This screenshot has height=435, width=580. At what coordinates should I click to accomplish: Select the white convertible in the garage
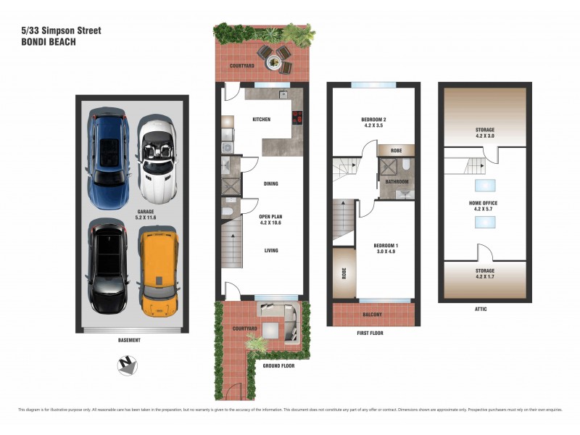click(x=157, y=159)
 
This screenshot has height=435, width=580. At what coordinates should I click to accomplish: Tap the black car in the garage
click(x=109, y=265)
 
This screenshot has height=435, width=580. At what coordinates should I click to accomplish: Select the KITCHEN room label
click(x=261, y=120)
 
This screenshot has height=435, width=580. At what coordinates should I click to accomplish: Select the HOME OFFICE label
click(x=484, y=203)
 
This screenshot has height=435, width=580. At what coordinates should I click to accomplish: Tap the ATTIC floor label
click(x=481, y=310)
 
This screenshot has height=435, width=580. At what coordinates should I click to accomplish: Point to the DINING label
click(x=270, y=184)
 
